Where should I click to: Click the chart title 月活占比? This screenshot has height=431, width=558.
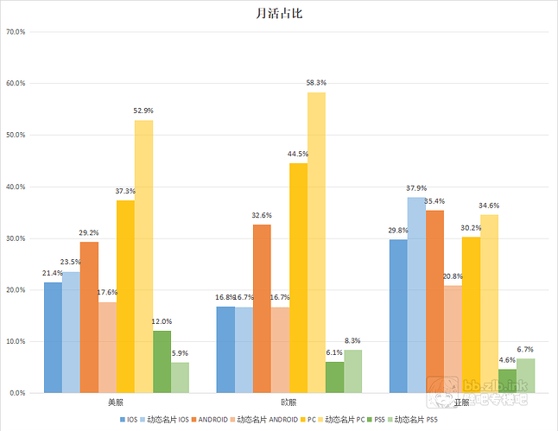(278, 14)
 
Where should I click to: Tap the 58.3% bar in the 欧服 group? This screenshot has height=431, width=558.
(316, 242)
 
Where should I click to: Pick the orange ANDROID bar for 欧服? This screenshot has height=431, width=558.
(262, 308)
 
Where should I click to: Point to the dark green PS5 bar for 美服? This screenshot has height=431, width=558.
(162, 361)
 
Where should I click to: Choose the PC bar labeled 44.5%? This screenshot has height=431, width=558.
(298, 277)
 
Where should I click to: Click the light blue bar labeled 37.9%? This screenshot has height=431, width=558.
(416, 295)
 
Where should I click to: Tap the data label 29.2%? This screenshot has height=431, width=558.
(89, 233)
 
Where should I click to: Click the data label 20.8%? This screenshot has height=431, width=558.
(453, 276)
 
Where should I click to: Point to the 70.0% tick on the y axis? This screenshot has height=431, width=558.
(16, 32)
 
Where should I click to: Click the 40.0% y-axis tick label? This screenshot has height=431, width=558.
(16, 187)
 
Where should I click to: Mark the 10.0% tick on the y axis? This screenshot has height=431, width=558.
(16, 341)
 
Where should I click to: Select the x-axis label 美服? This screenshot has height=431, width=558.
(116, 402)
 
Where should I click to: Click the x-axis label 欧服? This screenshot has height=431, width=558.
(289, 402)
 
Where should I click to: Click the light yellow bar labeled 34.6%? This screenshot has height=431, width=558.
(489, 303)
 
